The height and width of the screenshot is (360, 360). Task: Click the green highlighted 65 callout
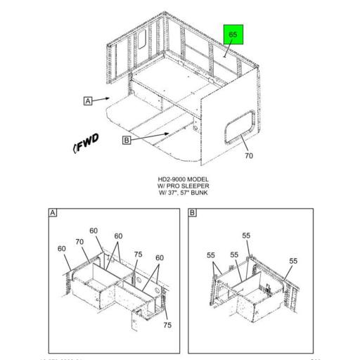tap(233, 35)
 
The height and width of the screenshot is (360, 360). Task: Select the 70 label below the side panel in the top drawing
tap(249, 155)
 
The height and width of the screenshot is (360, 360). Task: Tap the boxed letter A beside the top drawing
tap(88, 101)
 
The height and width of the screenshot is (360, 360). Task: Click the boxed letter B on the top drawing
tap(127, 140)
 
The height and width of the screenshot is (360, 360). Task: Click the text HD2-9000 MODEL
tap(183, 179)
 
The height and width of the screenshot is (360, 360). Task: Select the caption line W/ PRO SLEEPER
tap(183, 186)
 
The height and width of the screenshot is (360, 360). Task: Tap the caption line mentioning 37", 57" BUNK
tap(183, 193)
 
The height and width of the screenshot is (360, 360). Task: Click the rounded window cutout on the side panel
tap(237, 127)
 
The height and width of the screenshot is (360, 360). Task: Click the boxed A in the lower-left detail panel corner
tap(53, 212)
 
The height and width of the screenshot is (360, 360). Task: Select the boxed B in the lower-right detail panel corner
tap(193, 212)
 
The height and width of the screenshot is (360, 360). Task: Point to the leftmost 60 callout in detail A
tap(62, 248)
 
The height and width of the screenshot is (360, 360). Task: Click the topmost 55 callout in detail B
tap(246, 236)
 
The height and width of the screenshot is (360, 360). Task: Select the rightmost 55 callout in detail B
tap(293, 261)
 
